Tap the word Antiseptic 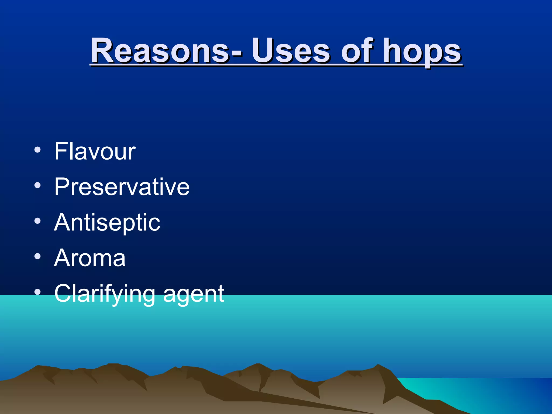click(107, 223)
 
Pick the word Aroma click(90, 258)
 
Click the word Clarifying click(105, 294)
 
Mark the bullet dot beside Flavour click(37, 150)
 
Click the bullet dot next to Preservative click(37, 185)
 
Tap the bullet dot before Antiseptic click(37, 221)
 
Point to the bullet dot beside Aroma click(37, 257)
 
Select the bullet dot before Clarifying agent click(37, 292)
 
